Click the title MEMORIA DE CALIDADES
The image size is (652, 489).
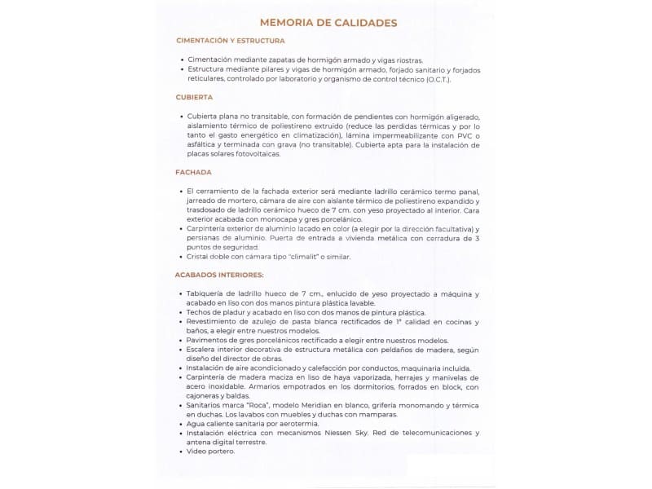pos(328,23)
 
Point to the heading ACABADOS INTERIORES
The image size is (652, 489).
pos(219,275)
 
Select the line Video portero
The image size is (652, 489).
pos(211,451)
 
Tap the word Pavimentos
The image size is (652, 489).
pos(210,340)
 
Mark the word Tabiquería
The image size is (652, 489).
pos(210,293)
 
